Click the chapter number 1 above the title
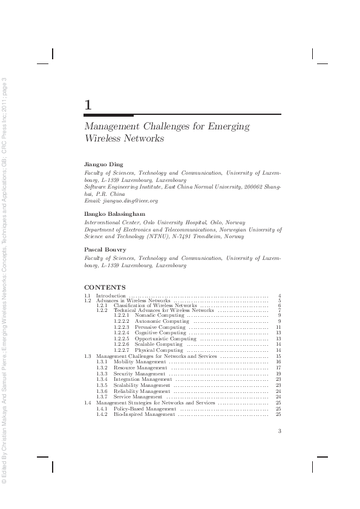pyautogui.click(x=88, y=105)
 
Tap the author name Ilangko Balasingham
pyautogui.click(x=114, y=214)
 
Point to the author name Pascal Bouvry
pyautogui.click(x=102, y=249)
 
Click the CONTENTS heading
pyautogui.click(x=105, y=287)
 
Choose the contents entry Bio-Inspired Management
pyautogui.click(x=145, y=414)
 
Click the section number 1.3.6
pyautogui.click(x=102, y=391)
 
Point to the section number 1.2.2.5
pyautogui.click(x=122, y=339)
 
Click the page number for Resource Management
pyautogui.click(x=278, y=368)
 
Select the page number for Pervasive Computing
pyautogui.click(x=278, y=327)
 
